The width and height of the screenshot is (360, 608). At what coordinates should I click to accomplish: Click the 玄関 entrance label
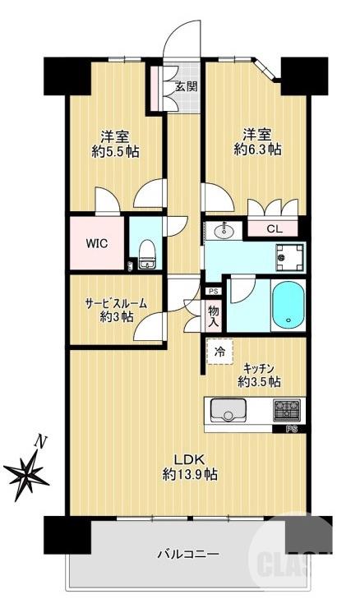[186, 85]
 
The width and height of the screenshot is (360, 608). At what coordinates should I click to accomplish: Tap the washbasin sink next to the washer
[222, 231]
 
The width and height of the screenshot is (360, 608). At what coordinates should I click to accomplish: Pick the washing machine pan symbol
[289, 257]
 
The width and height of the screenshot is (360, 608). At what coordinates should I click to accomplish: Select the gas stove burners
[287, 408]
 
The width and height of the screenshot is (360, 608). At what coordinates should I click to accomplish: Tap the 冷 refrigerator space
[219, 351]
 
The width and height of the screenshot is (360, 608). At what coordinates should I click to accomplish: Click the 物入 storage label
[213, 316]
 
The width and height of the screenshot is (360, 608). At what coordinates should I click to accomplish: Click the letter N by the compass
[40, 442]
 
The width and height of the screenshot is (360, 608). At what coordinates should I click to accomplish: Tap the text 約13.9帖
[188, 474]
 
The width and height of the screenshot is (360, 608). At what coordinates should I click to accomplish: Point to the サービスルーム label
[116, 302]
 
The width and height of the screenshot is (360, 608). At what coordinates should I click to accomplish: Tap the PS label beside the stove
[291, 429]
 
